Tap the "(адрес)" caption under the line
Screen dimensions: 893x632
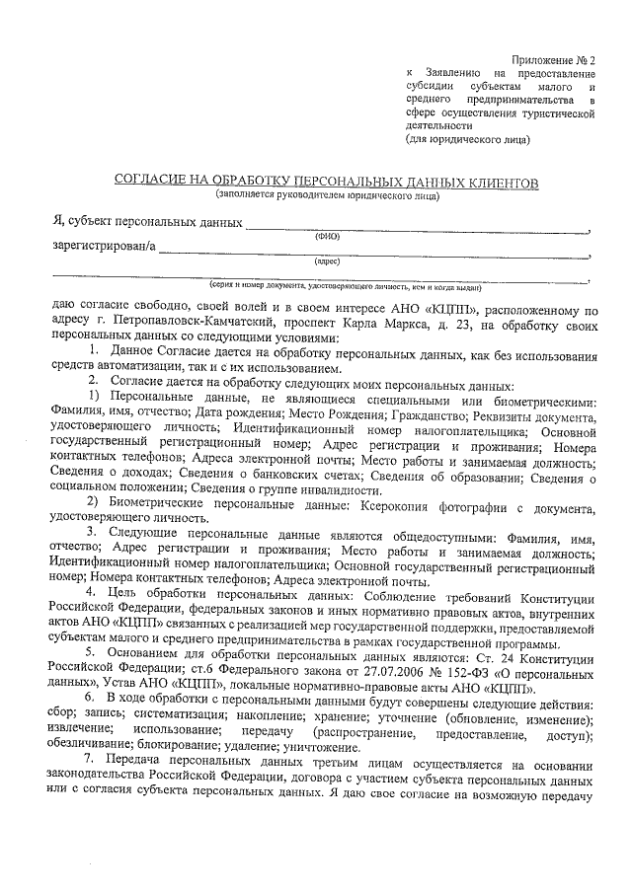[327, 261]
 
